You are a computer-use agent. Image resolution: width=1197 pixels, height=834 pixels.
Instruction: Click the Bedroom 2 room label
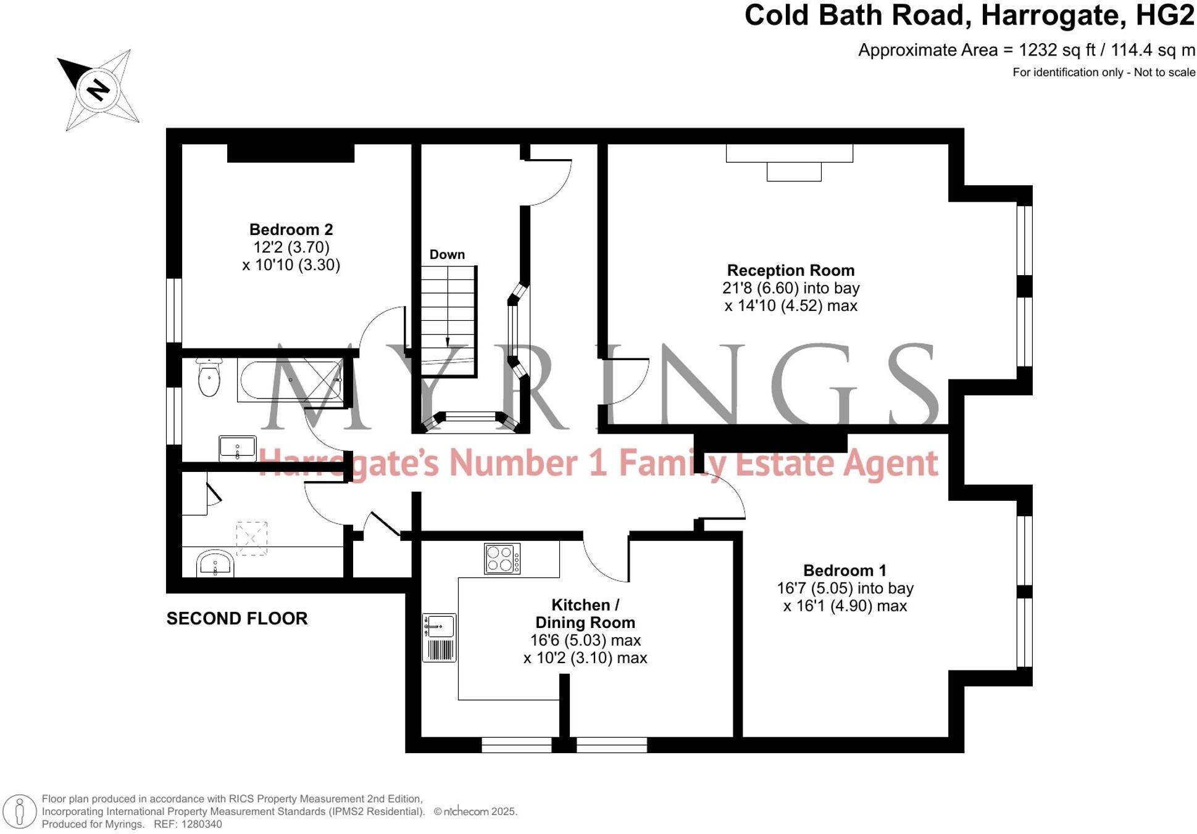[x=291, y=229]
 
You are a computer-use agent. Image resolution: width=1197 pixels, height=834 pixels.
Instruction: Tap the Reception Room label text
[x=790, y=270]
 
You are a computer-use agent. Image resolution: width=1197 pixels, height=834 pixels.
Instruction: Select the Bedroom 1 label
[x=844, y=571]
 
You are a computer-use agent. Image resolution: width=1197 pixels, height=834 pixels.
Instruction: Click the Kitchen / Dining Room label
[x=585, y=614]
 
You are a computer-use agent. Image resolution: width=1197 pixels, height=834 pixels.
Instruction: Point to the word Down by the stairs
[x=447, y=255]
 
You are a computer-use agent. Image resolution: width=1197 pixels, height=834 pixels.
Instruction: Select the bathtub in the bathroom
[x=290, y=381]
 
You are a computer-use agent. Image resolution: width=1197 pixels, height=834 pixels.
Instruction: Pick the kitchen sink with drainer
[x=439, y=637]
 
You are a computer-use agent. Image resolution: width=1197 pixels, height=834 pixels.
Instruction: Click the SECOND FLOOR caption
[x=237, y=619]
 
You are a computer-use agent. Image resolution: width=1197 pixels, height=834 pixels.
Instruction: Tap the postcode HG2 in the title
[x=1164, y=16]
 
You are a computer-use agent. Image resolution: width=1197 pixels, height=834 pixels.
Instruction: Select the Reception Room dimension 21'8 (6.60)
[x=759, y=288]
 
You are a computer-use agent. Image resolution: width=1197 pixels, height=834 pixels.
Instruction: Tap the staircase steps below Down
[x=448, y=315]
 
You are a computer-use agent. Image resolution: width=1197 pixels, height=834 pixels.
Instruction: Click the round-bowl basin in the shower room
[x=215, y=563]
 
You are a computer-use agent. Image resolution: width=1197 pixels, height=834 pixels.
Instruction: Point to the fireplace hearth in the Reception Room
[x=794, y=171]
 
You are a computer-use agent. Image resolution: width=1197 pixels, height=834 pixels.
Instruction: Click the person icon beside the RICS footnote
[x=20, y=811]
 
